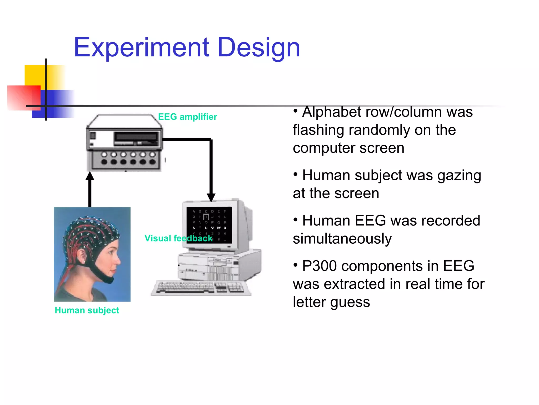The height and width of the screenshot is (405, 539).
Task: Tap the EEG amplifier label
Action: click(x=187, y=117)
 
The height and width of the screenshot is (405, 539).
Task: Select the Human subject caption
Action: click(x=87, y=310)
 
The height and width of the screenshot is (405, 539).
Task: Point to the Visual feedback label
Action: click(x=178, y=238)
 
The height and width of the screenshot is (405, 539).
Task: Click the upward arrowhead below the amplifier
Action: click(x=90, y=176)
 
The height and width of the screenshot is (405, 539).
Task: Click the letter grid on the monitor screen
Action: click(x=209, y=225)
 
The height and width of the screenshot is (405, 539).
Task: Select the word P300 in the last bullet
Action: click(x=319, y=266)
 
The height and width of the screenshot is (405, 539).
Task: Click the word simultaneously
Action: click(x=342, y=239)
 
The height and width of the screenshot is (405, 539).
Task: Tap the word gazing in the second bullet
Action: click(x=459, y=176)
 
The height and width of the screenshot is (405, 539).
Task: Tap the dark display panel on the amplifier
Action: click(x=136, y=137)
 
